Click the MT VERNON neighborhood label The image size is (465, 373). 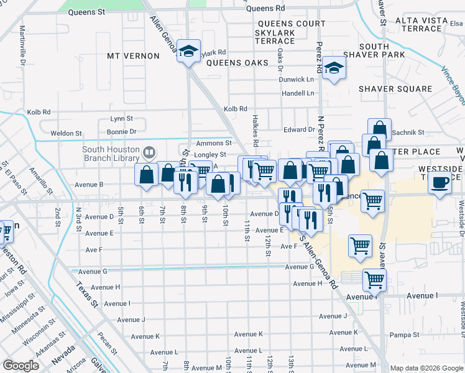(x=133, y=56)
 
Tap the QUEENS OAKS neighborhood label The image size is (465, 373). (x=237, y=63)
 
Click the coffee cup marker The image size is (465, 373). (x=441, y=183)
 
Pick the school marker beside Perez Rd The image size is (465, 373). (x=334, y=70)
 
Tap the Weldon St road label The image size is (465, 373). (x=66, y=133)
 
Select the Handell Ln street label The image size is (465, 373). (x=298, y=93)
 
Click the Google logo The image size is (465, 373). (x=22, y=366)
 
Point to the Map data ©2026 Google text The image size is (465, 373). (x=426, y=368)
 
